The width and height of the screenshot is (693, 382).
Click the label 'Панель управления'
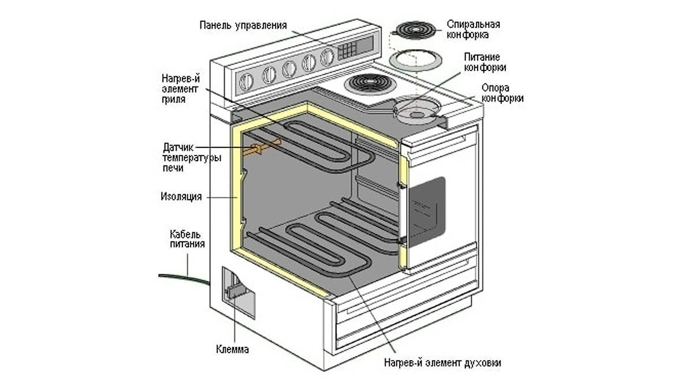click(x=243, y=25)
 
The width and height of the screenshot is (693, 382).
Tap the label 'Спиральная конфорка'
click(x=473, y=29)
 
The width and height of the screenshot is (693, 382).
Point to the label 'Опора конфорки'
click(x=502, y=93)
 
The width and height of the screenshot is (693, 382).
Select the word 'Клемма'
click(x=233, y=349)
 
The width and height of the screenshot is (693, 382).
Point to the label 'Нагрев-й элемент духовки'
click(x=442, y=363)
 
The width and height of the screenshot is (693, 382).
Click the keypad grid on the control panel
click(x=348, y=51)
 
